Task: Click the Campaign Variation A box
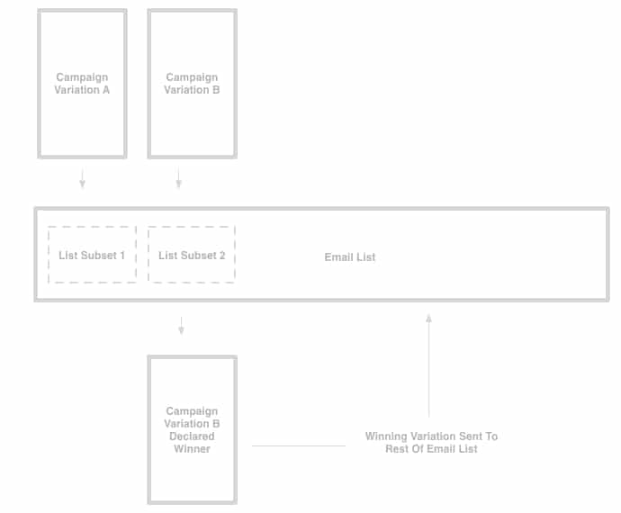[x=82, y=84]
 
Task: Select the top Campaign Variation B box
[x=192, y=84]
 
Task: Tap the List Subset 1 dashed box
[x=92, y=255]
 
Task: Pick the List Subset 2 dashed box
[x=192, y=255]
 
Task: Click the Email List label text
[x=349, y=257]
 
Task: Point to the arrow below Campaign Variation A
[x=82, y=179]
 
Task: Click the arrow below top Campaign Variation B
[x=178, y=179]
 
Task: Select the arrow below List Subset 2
[x=181, y=325]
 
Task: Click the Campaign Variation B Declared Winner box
[x=192, y=429]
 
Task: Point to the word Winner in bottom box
[x=192, y=448]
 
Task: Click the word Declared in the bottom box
[x=192, y=436]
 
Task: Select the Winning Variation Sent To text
[x=431, y=436]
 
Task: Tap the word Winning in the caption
[x=385, y=436]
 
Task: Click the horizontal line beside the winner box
[x=298, y=445]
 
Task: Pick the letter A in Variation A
[x=106, y=90]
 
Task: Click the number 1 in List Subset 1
[x=122, y=256]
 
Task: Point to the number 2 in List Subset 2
[x=222, y=256]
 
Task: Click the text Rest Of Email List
[x=431, y=448]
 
